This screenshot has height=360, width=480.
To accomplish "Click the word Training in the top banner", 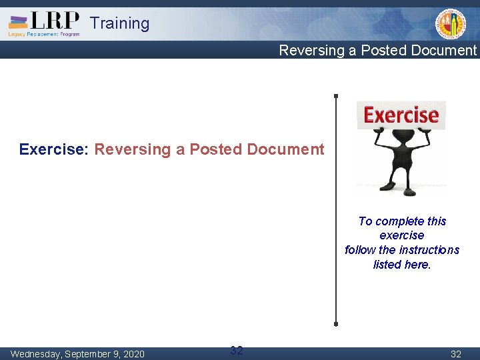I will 119,23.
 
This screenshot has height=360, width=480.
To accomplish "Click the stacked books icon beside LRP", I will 18,21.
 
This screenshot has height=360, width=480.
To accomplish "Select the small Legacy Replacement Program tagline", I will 44,34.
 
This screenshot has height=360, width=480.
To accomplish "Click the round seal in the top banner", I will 451,25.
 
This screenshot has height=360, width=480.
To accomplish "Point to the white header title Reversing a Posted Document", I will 377,51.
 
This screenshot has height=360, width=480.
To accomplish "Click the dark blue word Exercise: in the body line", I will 54,149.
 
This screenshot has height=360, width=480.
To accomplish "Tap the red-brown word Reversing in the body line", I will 133,149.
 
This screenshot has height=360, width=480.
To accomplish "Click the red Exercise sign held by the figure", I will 401,115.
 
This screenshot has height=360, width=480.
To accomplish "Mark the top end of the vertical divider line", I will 336,96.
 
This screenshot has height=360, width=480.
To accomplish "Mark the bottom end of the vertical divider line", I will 336,324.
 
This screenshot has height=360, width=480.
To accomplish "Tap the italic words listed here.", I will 402,265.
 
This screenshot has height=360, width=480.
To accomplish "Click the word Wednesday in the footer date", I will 37,353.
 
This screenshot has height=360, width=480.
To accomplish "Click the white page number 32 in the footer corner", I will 456,353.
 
